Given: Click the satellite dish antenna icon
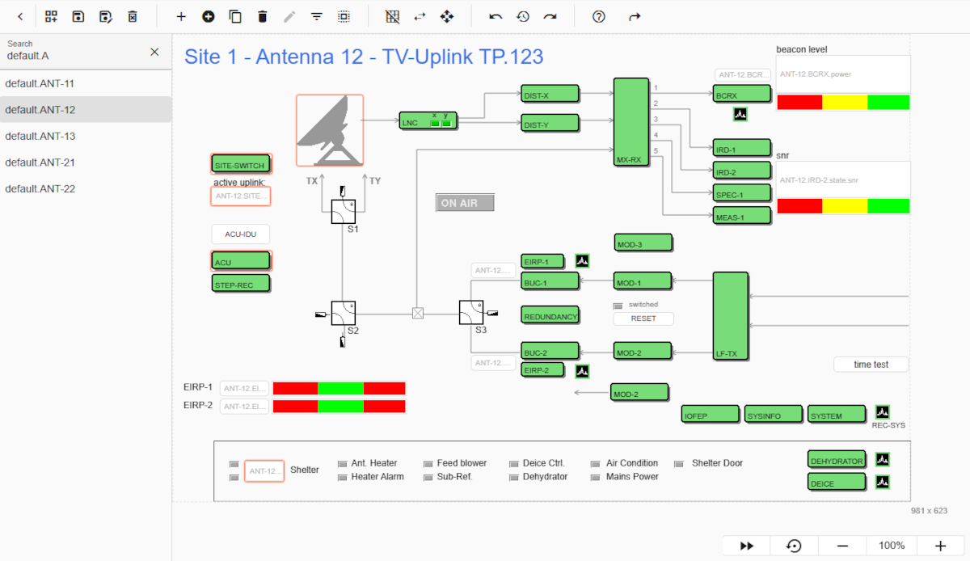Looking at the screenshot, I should click(329, 130).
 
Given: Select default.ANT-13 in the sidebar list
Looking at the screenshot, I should click(40, 136).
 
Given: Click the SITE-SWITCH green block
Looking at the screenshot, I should click(240, 165).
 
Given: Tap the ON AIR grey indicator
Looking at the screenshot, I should click(465, 203).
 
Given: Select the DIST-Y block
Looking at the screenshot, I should click(550, 124).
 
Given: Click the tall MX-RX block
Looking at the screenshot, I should click(630, 121).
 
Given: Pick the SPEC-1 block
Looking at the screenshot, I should click(740, 194).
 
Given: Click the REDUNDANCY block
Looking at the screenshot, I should click(550, 316).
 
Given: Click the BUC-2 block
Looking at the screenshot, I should click(550, 352).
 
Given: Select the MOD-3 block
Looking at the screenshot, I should click(643, 243).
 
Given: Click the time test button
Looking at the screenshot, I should click(871, 365).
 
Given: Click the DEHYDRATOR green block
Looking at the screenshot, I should click(836, 460).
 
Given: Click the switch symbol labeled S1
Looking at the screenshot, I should click(343, 212).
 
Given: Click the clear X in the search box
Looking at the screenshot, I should click(154, 52).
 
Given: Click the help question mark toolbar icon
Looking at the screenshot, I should click(599, 16).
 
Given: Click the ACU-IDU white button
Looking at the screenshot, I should click(240, 234).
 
